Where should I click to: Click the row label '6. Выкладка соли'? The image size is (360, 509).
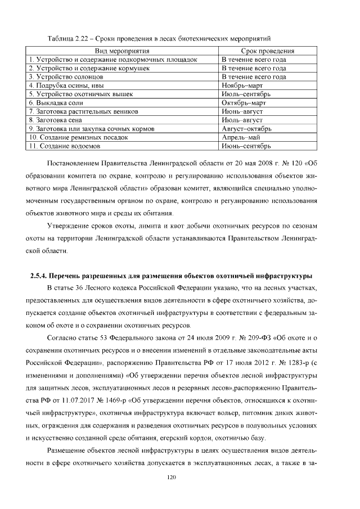click(x=56, y=103)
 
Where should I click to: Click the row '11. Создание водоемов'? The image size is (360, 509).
click(x=65, y=146)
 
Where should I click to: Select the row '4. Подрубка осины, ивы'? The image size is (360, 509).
click(x=66, y=85)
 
